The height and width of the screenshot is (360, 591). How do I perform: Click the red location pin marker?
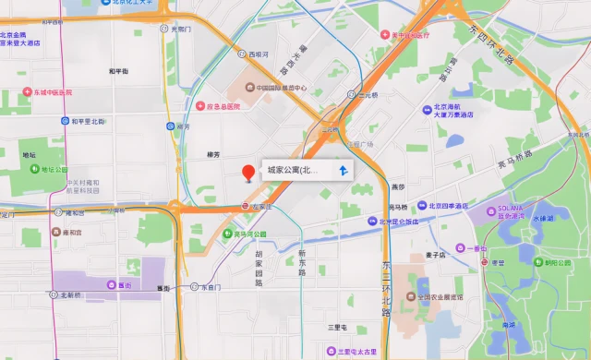click(247, 173)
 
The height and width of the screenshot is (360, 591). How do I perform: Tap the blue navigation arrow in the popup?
click(343, 171)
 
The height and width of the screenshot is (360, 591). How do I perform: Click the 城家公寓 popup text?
click(293, 171)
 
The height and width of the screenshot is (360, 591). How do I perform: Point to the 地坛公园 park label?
click(54, 170)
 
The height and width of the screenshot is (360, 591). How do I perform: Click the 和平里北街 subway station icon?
click(64, 121)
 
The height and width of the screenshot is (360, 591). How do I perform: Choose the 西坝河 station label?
click(259, 54)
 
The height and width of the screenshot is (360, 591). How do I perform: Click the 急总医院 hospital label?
click(222, 106)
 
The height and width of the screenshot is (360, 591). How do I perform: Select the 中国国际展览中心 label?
click(281, 89)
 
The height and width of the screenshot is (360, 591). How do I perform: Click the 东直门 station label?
click(211, 287)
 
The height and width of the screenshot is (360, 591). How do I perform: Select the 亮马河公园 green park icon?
click(227, 234)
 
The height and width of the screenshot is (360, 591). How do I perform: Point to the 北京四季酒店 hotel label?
click(450, 207)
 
